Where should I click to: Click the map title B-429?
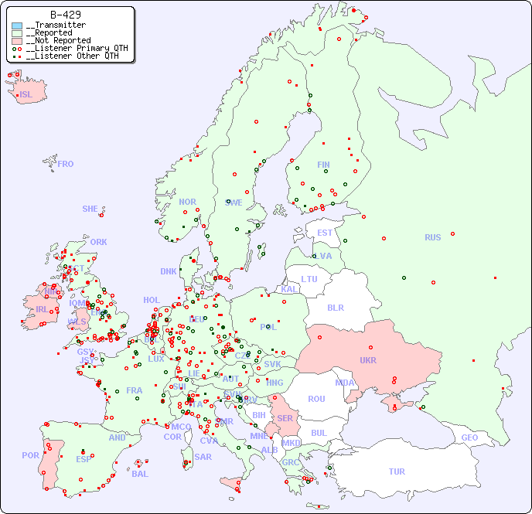coord(66,15)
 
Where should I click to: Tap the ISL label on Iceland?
coord(26,95)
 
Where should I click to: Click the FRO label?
coord(66,164)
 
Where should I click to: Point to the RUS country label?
coord(432,237)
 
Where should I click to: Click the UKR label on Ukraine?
coord(368,360)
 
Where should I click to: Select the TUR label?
coord(397,471)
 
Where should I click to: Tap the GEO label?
coord(469,437)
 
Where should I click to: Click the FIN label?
coord(323,165)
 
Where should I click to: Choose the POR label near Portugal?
coord(30,455)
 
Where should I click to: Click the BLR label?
coord(336,307)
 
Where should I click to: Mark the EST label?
coord(325,233)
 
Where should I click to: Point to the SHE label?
coord(90,209)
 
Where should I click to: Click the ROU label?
coord(316,399)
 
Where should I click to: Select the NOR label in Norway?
coord(187,202)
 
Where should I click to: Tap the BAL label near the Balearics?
coord(140,474)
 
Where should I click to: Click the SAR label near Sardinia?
coord(203,457)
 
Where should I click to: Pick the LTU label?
coord(309,279)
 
